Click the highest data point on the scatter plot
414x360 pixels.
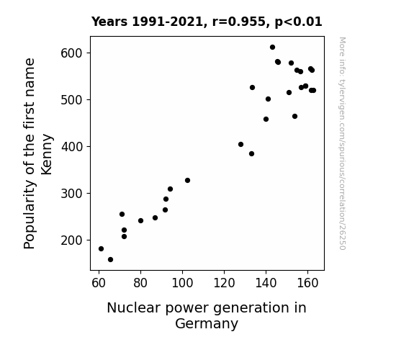click(272, 48)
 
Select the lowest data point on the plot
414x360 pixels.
click(111, 260)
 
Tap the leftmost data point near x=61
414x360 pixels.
click(101, 249)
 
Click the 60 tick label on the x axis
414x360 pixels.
click(99, 283)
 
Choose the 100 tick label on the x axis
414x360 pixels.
click(182, 283)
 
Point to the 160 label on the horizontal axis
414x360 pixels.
click(307, 283)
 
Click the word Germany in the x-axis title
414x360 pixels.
click(207, 324)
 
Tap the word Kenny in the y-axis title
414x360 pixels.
click(47, 154)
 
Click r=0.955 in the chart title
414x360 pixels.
click(239, 22)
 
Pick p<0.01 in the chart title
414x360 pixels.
click(298, 22)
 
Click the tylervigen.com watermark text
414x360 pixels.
click(342, 143)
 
